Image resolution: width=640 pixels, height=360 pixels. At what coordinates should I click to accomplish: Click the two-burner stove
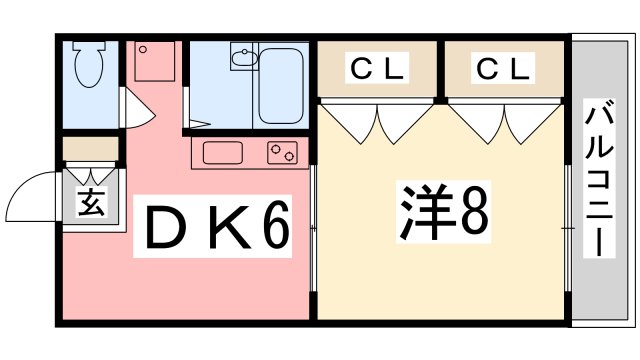[281, 153]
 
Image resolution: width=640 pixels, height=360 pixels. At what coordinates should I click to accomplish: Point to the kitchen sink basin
[223, 152]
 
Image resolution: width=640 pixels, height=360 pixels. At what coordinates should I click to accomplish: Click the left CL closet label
[377, 69]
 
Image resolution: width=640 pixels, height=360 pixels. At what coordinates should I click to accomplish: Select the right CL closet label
[503, 69]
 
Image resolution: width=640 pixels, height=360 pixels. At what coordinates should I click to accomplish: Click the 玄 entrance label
[91, 204]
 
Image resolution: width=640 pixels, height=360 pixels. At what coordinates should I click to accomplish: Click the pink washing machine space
[154, 63]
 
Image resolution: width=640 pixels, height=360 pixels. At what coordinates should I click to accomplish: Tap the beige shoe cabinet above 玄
[91, 148]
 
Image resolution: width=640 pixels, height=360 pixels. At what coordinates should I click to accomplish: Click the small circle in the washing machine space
[143, 48]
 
